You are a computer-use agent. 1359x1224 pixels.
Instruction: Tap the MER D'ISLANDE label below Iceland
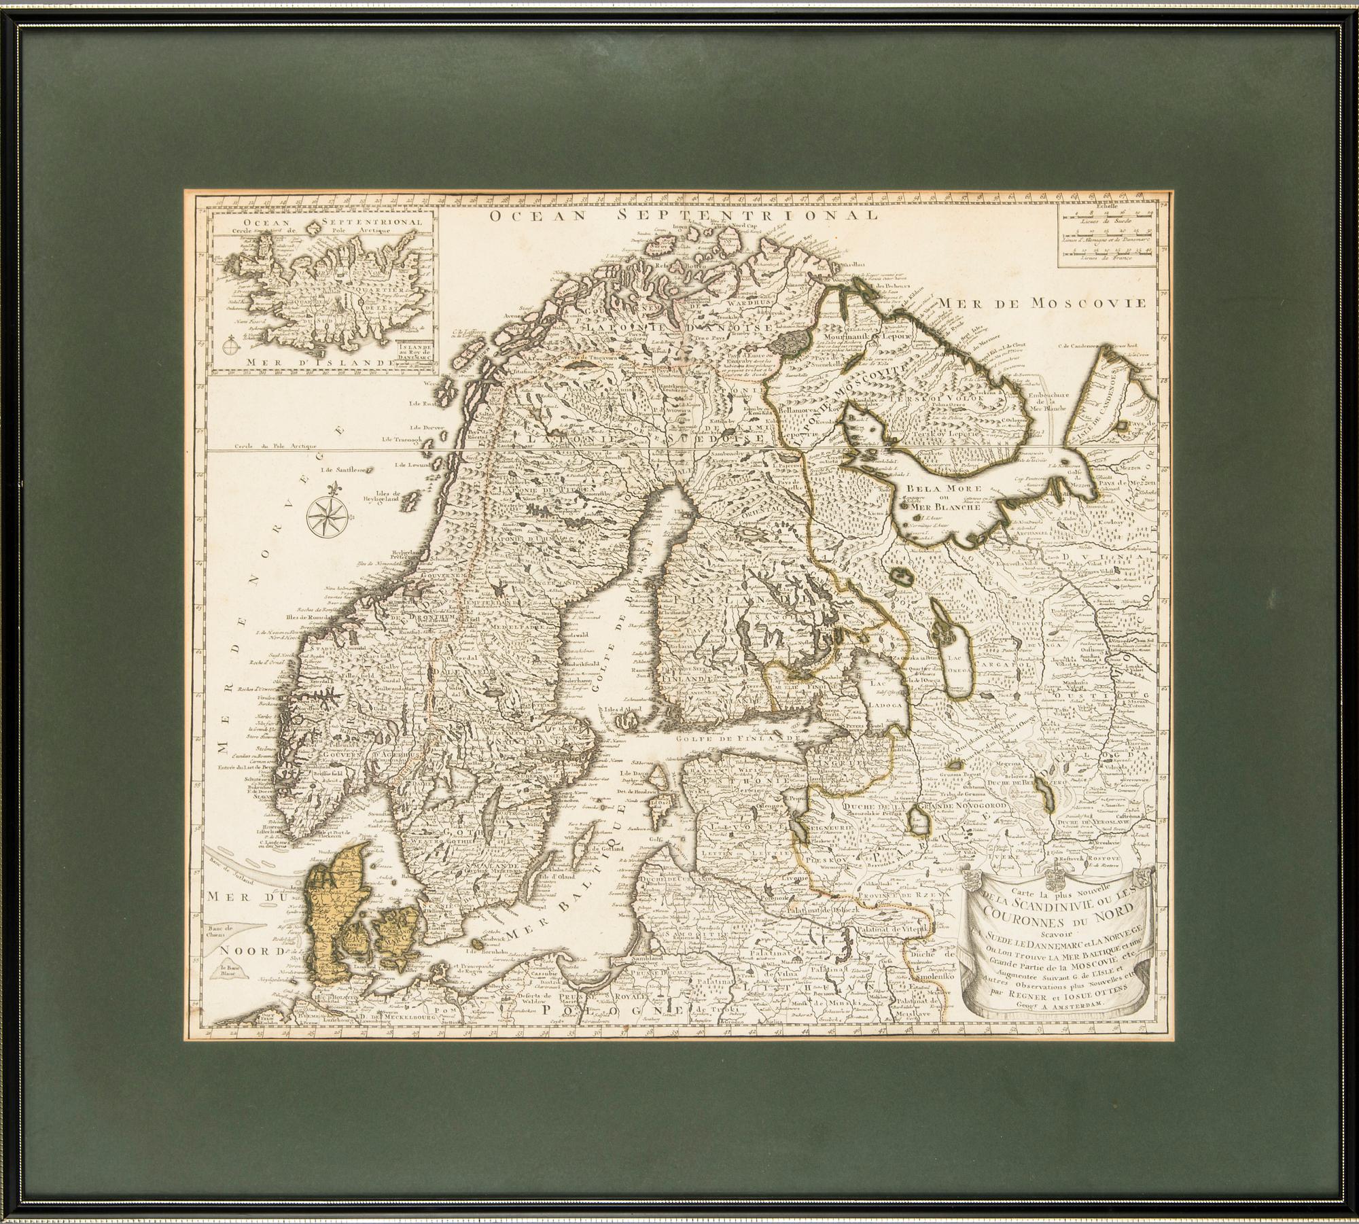pyautogui.click(x=303, y=362)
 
